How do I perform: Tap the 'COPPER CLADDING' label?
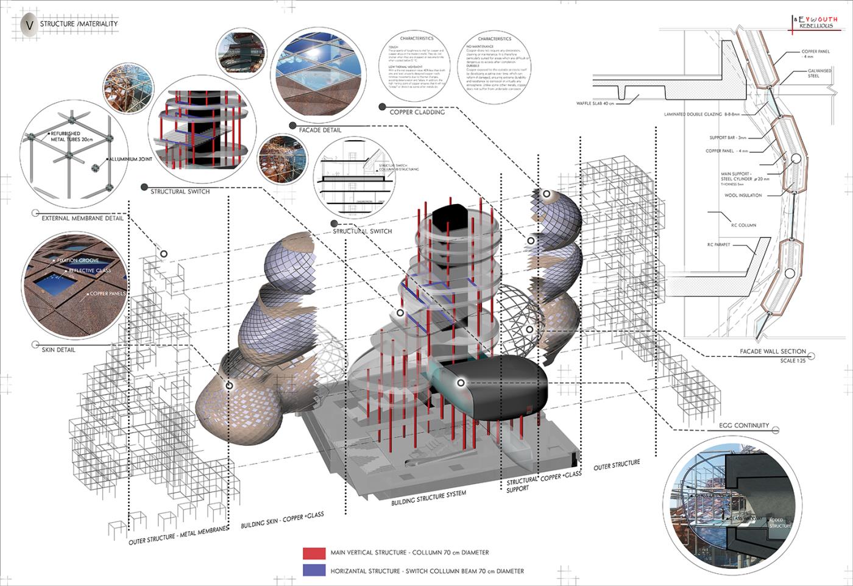[417, 112]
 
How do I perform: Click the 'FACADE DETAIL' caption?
[320, 130]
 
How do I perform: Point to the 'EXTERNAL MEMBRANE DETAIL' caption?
[82, 218]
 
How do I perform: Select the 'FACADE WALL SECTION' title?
[773, 351]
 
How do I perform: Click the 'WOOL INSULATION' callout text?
[743, 196]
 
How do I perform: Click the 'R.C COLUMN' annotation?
[743, 225]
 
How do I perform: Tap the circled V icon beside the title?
[28, 24]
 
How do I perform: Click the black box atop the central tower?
[453, 218]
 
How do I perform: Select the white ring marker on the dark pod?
[461, 383]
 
